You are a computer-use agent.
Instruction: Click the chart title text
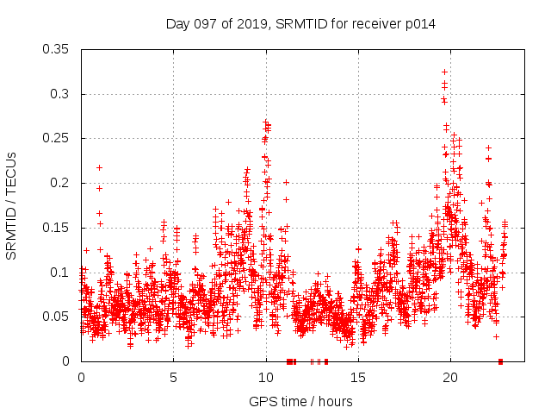300,24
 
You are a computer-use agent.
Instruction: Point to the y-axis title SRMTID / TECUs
11,205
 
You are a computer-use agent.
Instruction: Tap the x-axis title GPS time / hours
300,401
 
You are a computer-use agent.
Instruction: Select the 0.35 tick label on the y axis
57,49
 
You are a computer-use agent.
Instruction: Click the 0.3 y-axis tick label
60,94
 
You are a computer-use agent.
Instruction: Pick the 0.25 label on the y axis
57,138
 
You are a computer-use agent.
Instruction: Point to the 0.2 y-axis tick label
60,183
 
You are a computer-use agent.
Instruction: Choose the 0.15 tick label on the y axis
57,228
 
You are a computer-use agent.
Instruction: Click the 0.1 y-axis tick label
60,272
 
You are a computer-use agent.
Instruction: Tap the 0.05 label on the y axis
57,317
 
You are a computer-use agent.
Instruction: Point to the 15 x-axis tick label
357,377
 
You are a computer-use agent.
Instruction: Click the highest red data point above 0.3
444,72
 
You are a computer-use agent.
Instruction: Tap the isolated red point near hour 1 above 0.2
99,167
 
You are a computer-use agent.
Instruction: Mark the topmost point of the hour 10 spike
266,122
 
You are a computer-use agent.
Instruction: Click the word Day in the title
177,24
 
